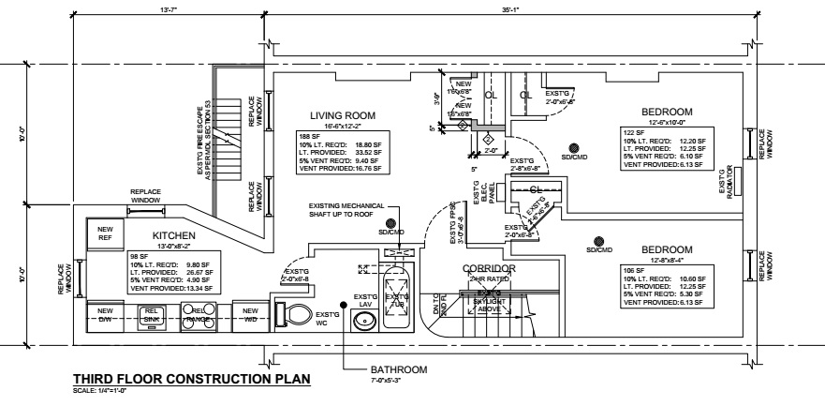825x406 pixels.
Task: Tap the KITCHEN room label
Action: click(174, 234)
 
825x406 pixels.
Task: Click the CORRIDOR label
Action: click(490, 269)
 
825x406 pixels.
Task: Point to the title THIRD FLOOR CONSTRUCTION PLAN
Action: click(191, 378)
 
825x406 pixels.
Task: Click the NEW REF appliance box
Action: click(105, 232)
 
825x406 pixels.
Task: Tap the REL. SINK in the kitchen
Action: click(152, 316)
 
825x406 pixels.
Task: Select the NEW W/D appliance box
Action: click(248, 316)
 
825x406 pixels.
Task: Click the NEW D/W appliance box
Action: click(105, 316)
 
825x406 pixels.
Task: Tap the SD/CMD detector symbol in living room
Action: click(391, 222)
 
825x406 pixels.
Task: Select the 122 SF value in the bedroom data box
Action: click(634, 132)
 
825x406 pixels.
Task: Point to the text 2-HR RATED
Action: click(490, 280)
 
